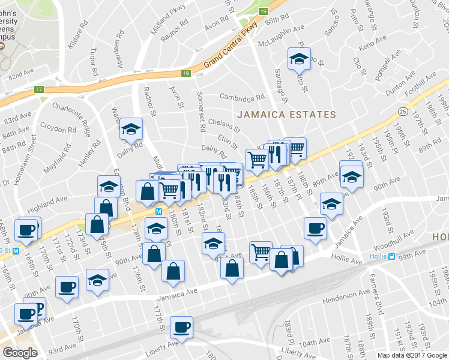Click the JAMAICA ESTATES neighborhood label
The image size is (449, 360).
(286, 115)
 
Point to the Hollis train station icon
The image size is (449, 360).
(391, 257)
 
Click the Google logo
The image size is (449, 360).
(20, 353)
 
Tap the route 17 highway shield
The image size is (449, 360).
(40, 89)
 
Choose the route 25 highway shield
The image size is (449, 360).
(402, 111)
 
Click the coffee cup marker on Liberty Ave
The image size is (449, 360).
(181, 328)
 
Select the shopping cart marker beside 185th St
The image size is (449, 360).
(257, 159)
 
